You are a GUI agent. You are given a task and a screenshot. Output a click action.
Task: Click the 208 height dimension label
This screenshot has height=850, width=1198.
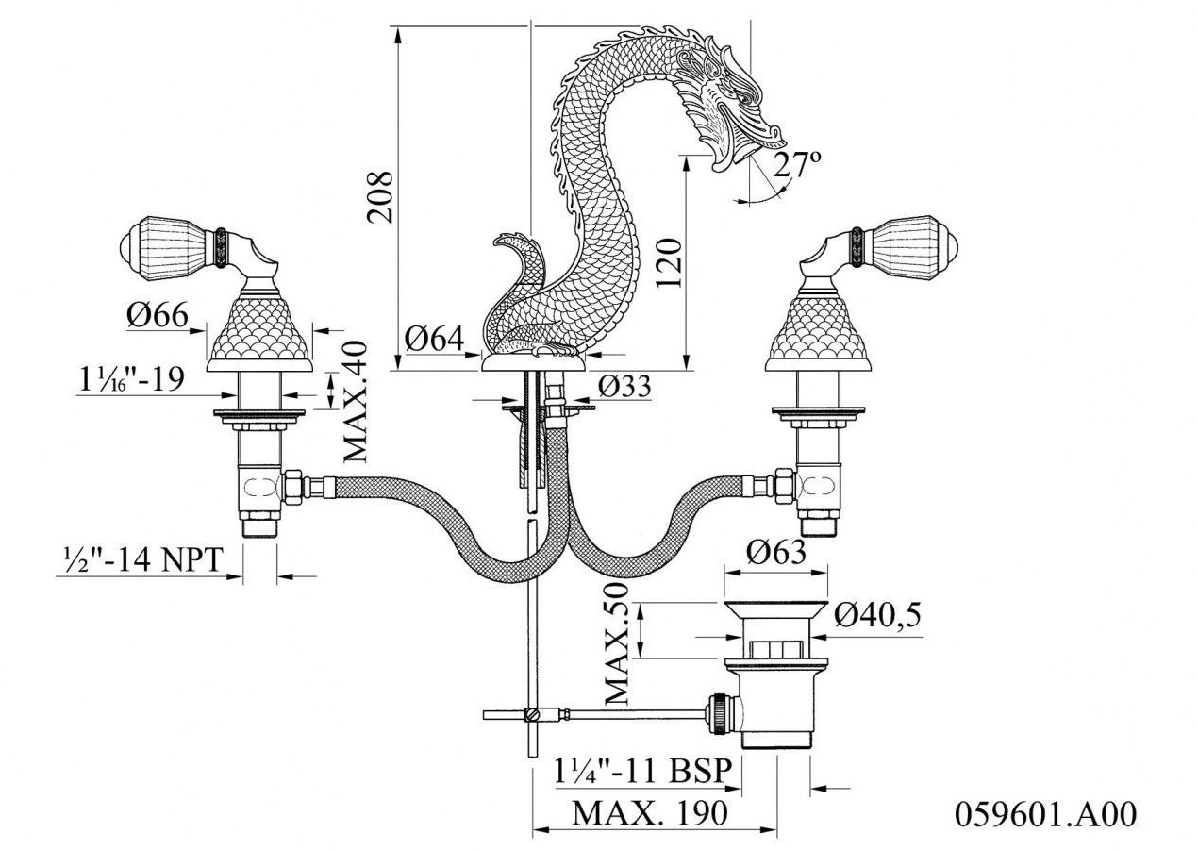380,196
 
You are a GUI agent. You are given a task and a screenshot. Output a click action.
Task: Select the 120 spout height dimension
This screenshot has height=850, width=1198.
668,263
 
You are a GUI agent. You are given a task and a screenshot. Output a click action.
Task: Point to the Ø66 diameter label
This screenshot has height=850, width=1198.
158,315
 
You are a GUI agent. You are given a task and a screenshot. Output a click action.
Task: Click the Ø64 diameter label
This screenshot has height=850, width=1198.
435,339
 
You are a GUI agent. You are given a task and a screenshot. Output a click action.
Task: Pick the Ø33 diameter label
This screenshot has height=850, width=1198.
625,386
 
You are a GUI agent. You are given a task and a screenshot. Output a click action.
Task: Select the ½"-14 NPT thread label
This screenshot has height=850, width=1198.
141,560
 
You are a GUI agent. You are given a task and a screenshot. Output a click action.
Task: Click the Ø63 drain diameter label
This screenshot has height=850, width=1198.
776,551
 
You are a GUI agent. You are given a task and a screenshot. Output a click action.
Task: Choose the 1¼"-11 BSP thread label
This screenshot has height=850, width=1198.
642,772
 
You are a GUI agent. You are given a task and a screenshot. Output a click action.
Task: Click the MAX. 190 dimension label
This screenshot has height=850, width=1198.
651,812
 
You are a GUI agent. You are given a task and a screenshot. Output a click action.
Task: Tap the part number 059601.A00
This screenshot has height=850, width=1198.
1045,813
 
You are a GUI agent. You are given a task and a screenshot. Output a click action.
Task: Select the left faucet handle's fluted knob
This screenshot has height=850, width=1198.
170,242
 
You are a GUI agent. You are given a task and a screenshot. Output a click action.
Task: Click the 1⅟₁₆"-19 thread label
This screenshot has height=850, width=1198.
131,379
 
